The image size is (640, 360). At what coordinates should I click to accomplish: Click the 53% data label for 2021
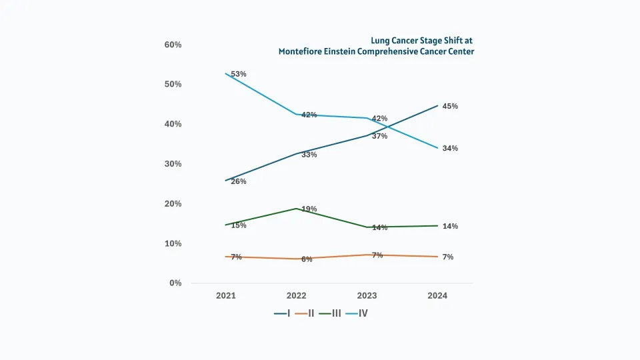pyautogui.click(x=239, y=74)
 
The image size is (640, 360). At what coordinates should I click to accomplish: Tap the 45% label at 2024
pyautogui.click(x=450, y=106)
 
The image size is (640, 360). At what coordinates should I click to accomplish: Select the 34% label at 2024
pyautogui.click(x=450, y=148)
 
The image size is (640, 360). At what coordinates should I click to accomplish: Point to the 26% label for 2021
pyautogui.click(x=239, y=181)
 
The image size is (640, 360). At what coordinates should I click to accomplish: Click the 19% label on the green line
pyautogui.click(x=309, y=209)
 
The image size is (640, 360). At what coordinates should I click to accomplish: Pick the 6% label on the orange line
pyautogui.click(x=307, y=259)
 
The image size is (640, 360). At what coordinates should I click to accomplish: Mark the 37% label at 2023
pyautogui.click(x=379, y=136)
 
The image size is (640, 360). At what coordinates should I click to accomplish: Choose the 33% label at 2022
pyautogui.click(x=309, y=155)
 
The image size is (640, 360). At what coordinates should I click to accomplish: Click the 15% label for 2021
pyautogui.click(x=239, y=225)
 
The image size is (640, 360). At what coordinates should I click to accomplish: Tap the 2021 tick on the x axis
pyautogui.click(x=226, y=295)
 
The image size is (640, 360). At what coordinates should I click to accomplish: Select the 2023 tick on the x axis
pyautogui.click(x=367, y=295)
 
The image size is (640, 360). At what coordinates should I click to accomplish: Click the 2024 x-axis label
pyautogui.click(x=438, y=295)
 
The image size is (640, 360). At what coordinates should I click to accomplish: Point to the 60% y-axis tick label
pyautogui.click(x=173, y=45)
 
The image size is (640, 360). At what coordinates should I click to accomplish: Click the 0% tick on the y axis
pyautogui.click(x=175, y=283)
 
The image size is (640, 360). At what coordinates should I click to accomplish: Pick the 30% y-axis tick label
pyautogui.click(x=173, y=164)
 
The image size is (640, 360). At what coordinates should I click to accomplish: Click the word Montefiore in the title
pyautogui.click(x=301, y=51)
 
